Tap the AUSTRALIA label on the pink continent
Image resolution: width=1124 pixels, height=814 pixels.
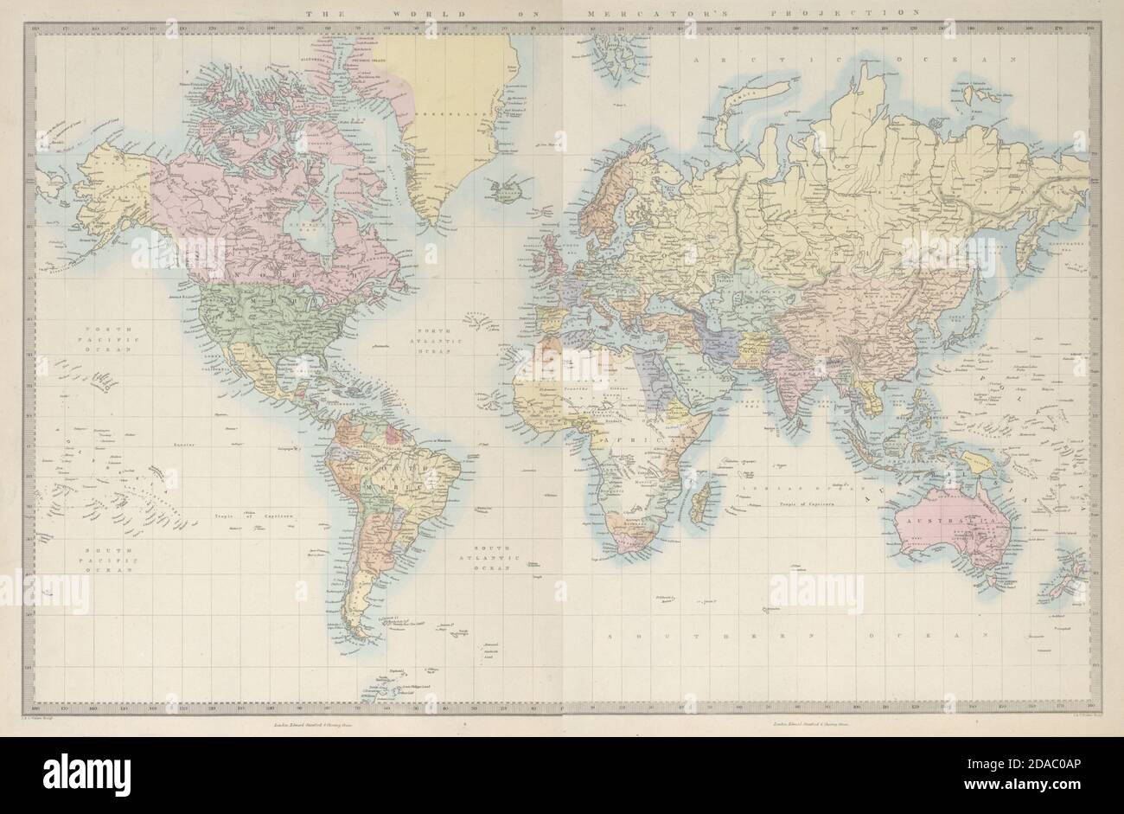coord(949,522)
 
